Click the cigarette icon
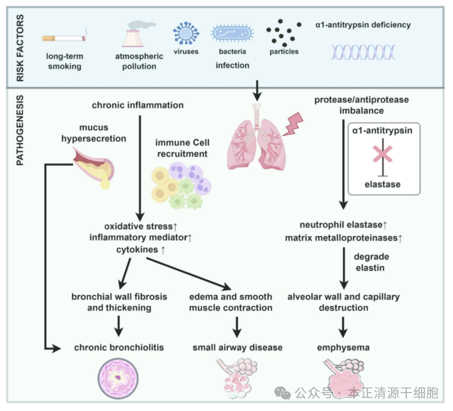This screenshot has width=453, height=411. [x=63, y=38]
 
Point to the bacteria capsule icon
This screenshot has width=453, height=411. [x=232, y=34]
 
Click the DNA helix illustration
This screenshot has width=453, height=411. [x=363, y=52]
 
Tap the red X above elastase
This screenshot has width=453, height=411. [x=382, y=154]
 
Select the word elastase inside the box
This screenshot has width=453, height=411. [x=382, y=184]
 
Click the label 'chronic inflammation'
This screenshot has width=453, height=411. [x=137, y=105]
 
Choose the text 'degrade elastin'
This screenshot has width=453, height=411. [x=371, y=262]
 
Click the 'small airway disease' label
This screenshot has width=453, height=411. [x=237, y=347]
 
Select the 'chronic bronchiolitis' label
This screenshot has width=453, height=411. [x=119, y=347]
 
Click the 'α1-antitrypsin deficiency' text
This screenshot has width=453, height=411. [x=363, y=25]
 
